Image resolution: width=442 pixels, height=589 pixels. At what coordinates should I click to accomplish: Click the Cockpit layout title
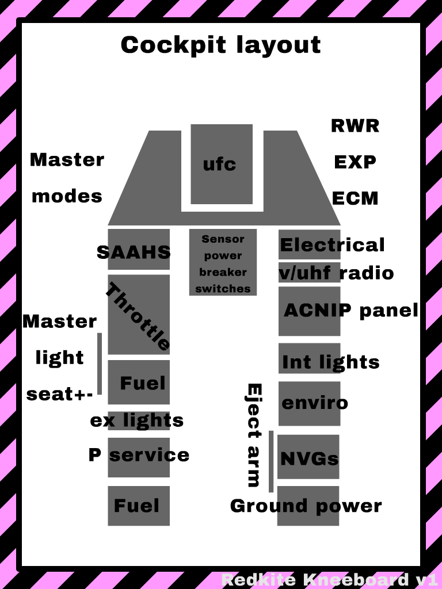pos(220,45)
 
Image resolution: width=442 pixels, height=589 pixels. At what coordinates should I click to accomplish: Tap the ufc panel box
pos(222,165)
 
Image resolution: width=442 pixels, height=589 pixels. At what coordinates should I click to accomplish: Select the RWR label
pos(355,125)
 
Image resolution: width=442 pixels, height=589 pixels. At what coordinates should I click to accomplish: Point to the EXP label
pos(355,162)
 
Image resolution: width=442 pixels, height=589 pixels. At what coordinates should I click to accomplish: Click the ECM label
pos(355,198)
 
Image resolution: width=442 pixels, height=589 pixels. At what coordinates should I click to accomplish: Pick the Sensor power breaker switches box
pos(223,263)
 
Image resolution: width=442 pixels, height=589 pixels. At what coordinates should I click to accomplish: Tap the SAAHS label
pos(134,252)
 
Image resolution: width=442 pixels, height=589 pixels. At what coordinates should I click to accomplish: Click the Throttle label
pos(138,316)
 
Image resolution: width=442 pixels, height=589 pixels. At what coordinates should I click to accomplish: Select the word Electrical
pos(332,245)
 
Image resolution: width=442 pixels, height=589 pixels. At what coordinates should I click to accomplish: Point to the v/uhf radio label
pos(336,273)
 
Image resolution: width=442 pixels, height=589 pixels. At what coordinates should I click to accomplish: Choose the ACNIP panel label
pos(351,310)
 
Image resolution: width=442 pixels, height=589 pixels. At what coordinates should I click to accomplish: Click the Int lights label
pos(330,362)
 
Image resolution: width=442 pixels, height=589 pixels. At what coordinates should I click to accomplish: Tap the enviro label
pos(314,402)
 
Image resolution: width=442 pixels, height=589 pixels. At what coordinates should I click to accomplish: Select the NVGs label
pos(309,458)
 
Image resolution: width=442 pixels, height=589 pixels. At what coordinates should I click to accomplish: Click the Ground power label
pos(306,506)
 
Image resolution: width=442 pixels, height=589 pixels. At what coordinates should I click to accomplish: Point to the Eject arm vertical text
pos(254,435)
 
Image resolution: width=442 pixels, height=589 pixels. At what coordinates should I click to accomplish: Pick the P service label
pos(139,455)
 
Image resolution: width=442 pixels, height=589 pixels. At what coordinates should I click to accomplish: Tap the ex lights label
pos(136,420)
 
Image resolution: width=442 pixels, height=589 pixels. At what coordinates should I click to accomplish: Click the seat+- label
pos(60,395)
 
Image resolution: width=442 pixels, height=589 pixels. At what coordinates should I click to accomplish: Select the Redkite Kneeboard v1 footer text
pos(330,579)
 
